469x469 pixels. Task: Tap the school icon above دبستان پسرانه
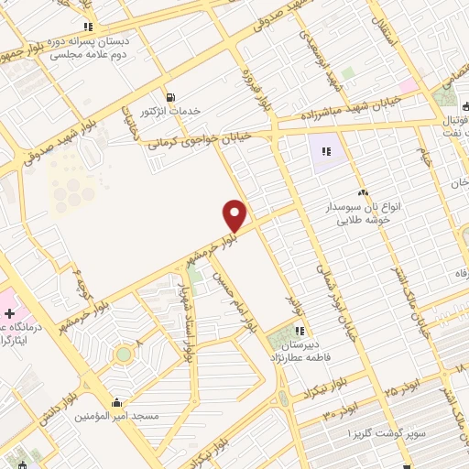88,27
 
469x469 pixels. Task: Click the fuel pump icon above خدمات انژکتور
170,96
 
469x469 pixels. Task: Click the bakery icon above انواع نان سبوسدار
363,192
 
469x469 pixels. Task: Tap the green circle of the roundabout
124,353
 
